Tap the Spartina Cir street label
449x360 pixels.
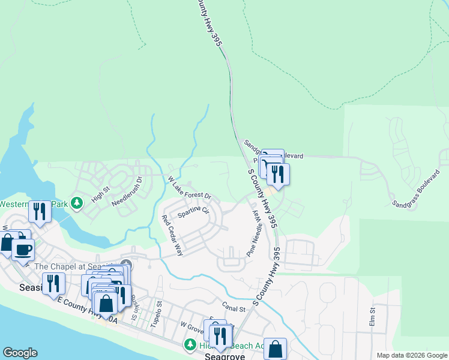click(193, 212)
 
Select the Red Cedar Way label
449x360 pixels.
click(172, 236)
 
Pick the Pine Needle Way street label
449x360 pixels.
click(256, 232)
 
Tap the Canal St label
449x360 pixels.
click(234, 309)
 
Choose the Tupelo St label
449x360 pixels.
click(157, 314)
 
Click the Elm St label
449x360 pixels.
click(372, 318)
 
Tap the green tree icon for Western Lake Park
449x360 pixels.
click(76, 203)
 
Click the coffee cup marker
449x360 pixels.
click(23, 249)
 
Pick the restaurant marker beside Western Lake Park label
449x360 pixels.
click(40, 211)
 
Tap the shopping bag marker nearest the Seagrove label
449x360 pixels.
click(275, 349)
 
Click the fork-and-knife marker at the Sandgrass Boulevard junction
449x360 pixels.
click(278, 173)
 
